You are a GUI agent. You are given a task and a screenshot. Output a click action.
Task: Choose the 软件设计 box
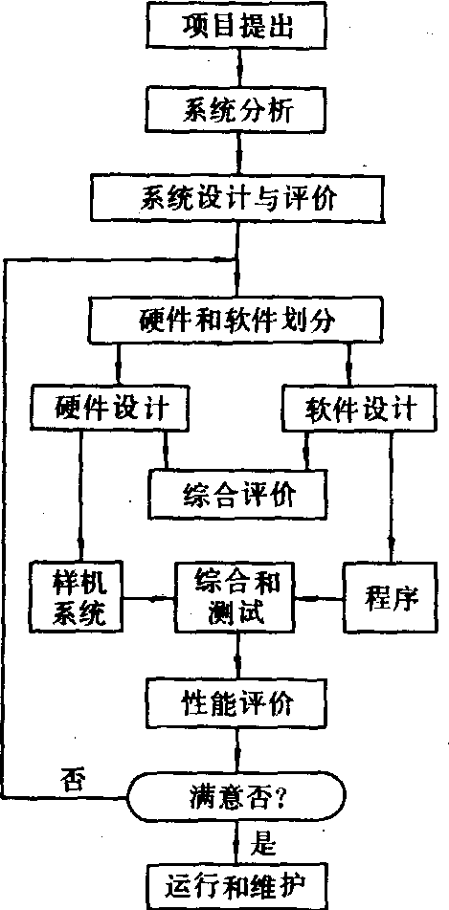click(360, 409)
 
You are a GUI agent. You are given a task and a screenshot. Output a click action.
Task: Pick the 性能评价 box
click(236, 702)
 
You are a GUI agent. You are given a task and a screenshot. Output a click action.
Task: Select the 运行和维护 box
click(236, 887)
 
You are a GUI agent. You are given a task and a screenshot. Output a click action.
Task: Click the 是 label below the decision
click(262, 844)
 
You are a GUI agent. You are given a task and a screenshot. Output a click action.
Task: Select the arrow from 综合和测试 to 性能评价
click(237, 655)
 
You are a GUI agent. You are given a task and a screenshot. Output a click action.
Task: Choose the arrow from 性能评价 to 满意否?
click(237, 751)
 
